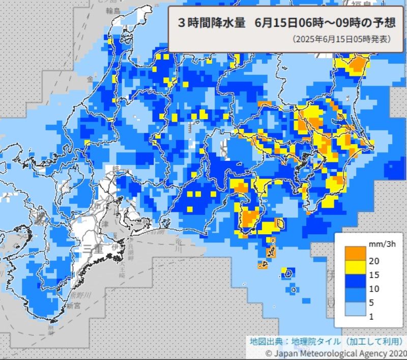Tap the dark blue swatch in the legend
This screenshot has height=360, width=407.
click(x=354, y=282)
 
